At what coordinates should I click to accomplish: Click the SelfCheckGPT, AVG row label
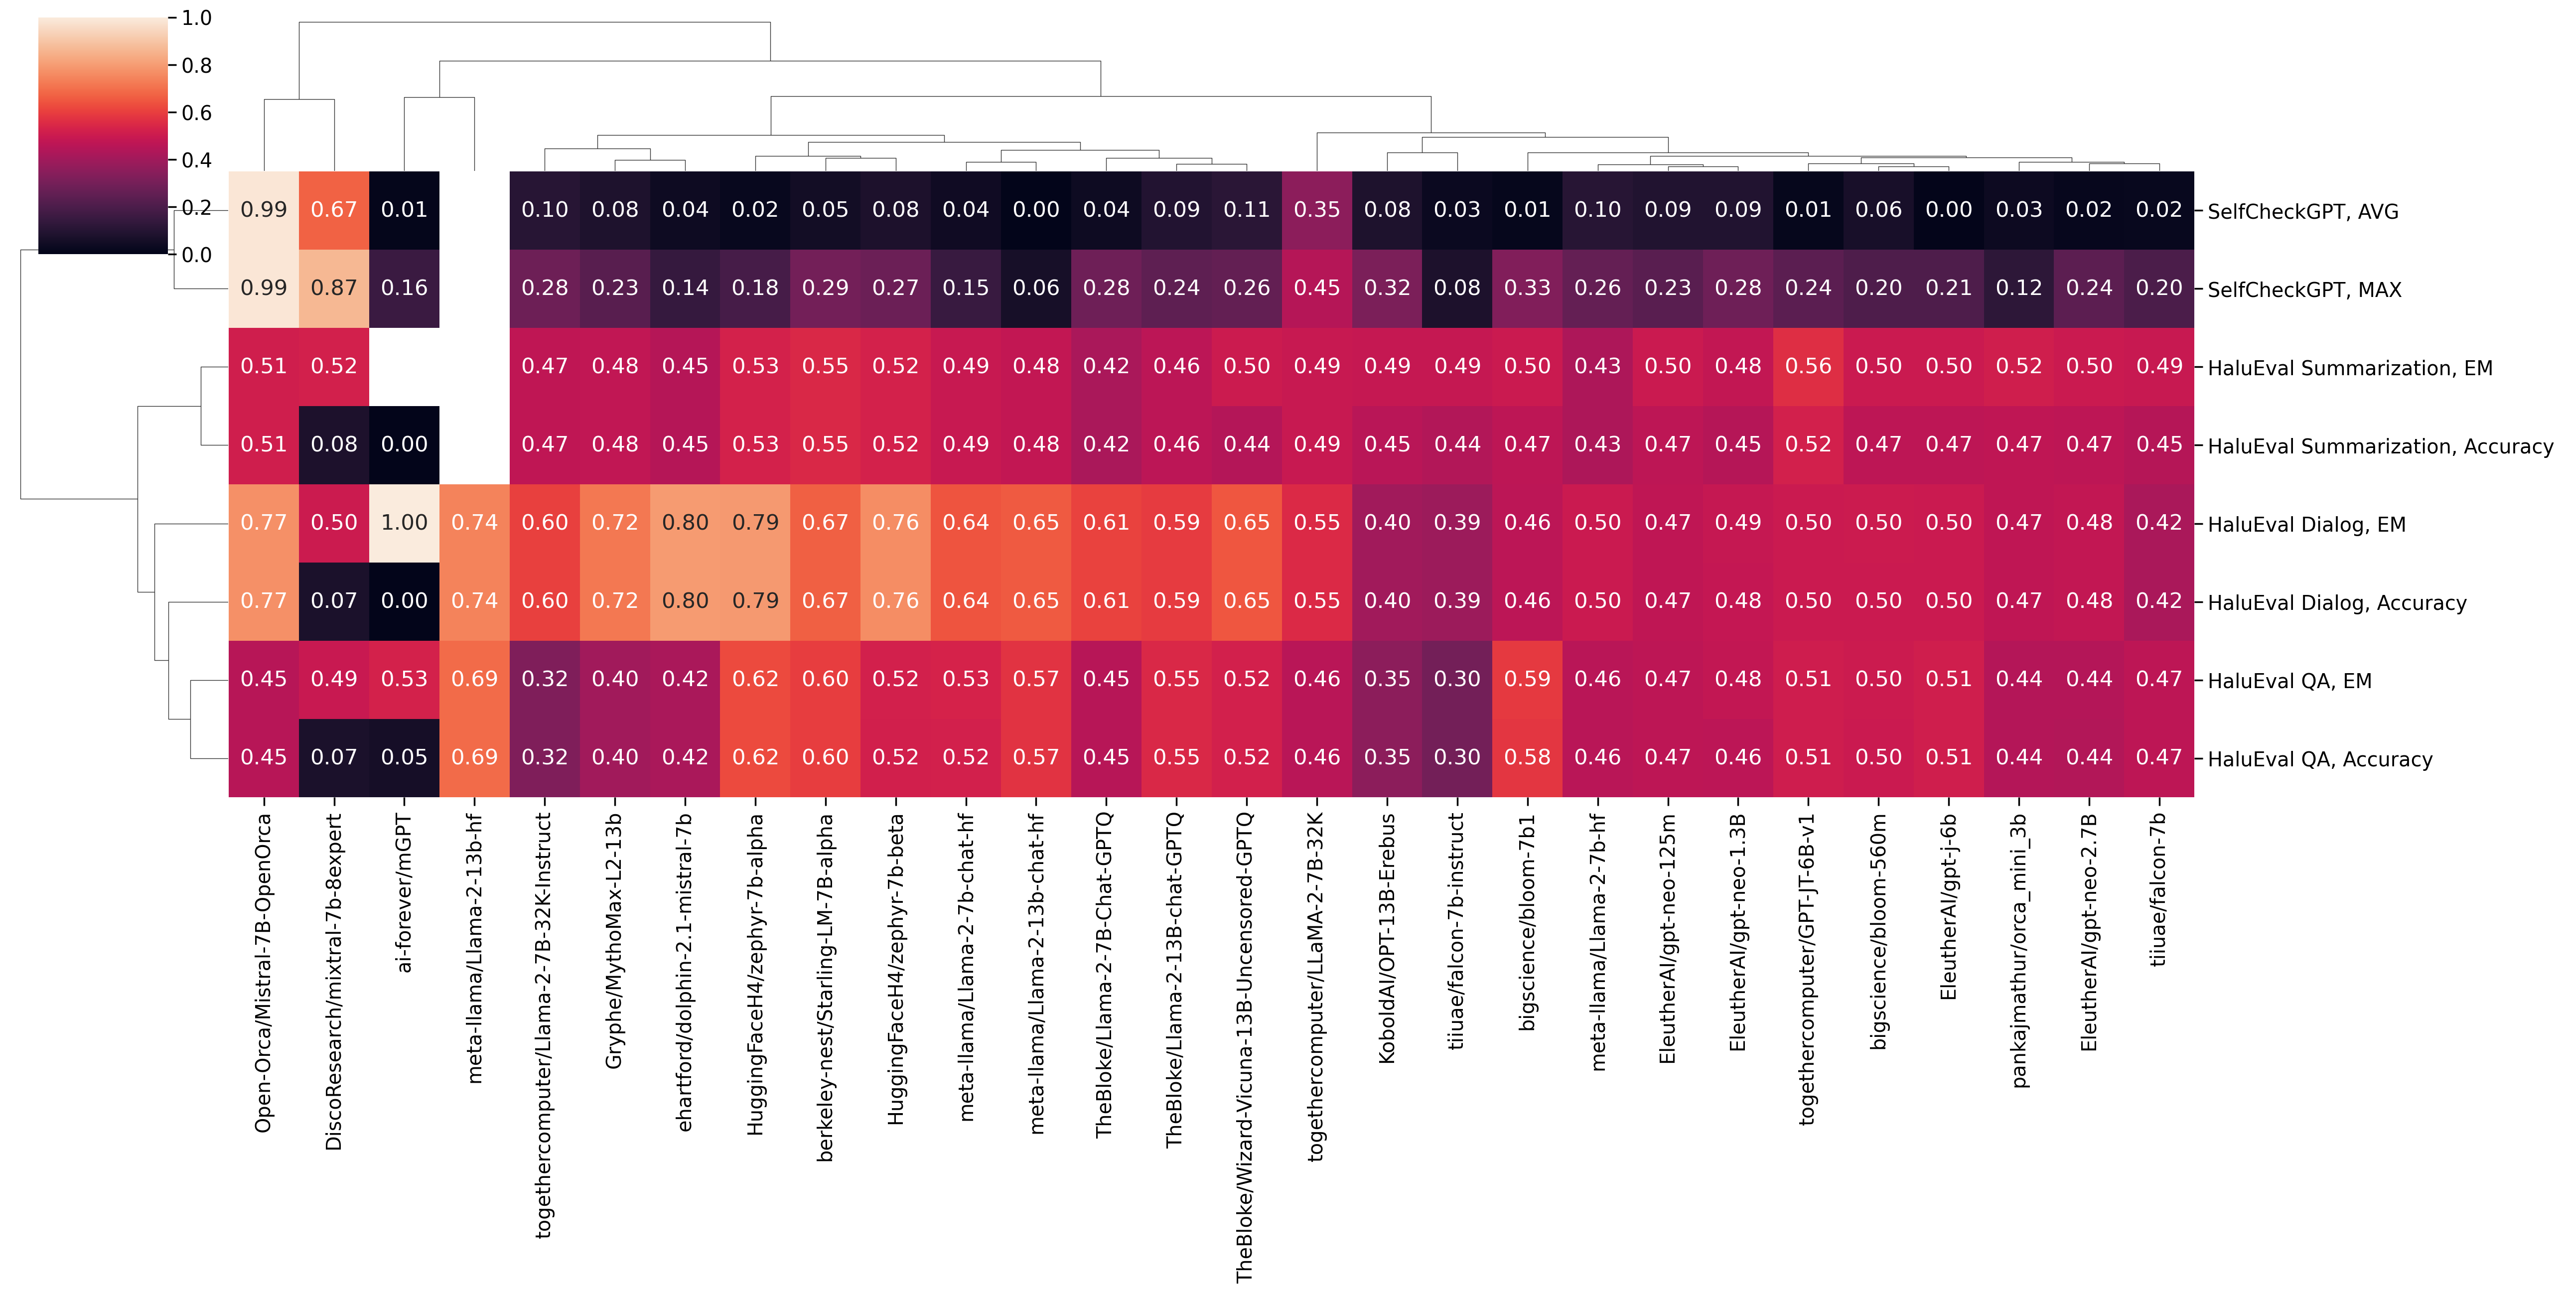(x=2302, y=211)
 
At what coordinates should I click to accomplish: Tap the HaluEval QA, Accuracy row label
(x=2319, y=759)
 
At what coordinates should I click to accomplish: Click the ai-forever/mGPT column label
(x=404, y=893)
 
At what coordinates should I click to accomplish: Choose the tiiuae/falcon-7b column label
(x=2158, y=890)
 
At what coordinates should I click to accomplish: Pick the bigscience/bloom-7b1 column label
(x=1528, y=922)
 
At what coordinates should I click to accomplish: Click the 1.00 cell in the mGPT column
(x=404, y=523)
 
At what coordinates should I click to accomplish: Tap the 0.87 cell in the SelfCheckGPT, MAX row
(x=333, y=287)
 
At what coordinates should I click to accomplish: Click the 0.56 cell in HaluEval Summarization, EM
(x=1808, y=366)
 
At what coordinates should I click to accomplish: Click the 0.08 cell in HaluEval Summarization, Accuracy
(x=333, y=445)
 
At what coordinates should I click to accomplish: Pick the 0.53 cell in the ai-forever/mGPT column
(x=404, y=679)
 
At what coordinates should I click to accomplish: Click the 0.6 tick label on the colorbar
(x=196, y=113)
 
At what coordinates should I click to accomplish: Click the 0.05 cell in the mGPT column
(x=404, y=757)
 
